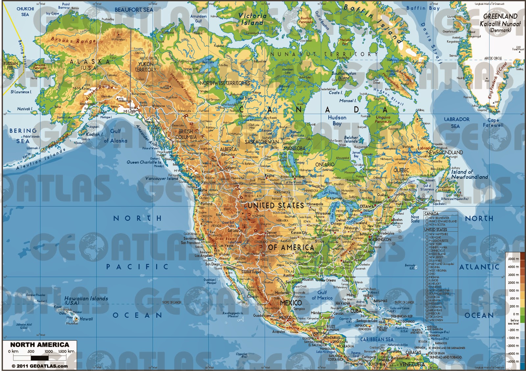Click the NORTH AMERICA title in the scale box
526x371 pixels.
(x=39, y=345)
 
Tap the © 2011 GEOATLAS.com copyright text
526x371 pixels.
(x=39, y=366)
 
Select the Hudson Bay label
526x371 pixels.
(x=337, y=120)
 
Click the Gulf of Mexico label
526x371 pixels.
(x=322, y=295)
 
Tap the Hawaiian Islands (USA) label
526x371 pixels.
(x=86, y=300)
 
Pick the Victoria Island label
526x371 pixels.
(x=252, y=19)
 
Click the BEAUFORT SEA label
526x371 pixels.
(x=134, y=10)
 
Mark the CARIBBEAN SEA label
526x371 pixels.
(x=377, y=339)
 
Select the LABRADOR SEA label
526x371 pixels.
(x=457, y=123)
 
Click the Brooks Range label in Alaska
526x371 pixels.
(x=73, y=40)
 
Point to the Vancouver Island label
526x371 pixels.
(x=161, y=178)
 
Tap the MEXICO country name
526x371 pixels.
(x=291, y=303)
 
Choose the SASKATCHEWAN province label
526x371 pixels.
(x=262, y=142)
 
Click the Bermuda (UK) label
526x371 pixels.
(x=410, y=267)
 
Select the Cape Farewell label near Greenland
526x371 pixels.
(x=493, y=123)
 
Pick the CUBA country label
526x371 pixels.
(x=356, y=311)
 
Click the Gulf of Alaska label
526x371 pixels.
(x=115, y=136)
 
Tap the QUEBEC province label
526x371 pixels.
(x=401, y=170)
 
